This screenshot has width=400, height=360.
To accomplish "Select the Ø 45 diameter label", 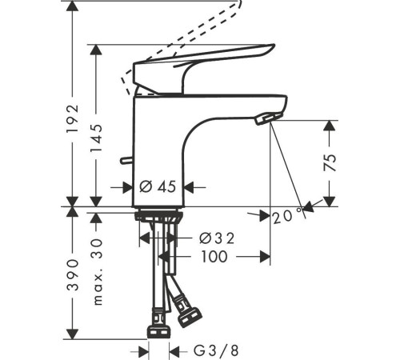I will (158, 187).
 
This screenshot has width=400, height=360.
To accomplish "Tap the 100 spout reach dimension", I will (213, 257).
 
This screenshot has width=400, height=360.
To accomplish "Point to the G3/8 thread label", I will (215, 350).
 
